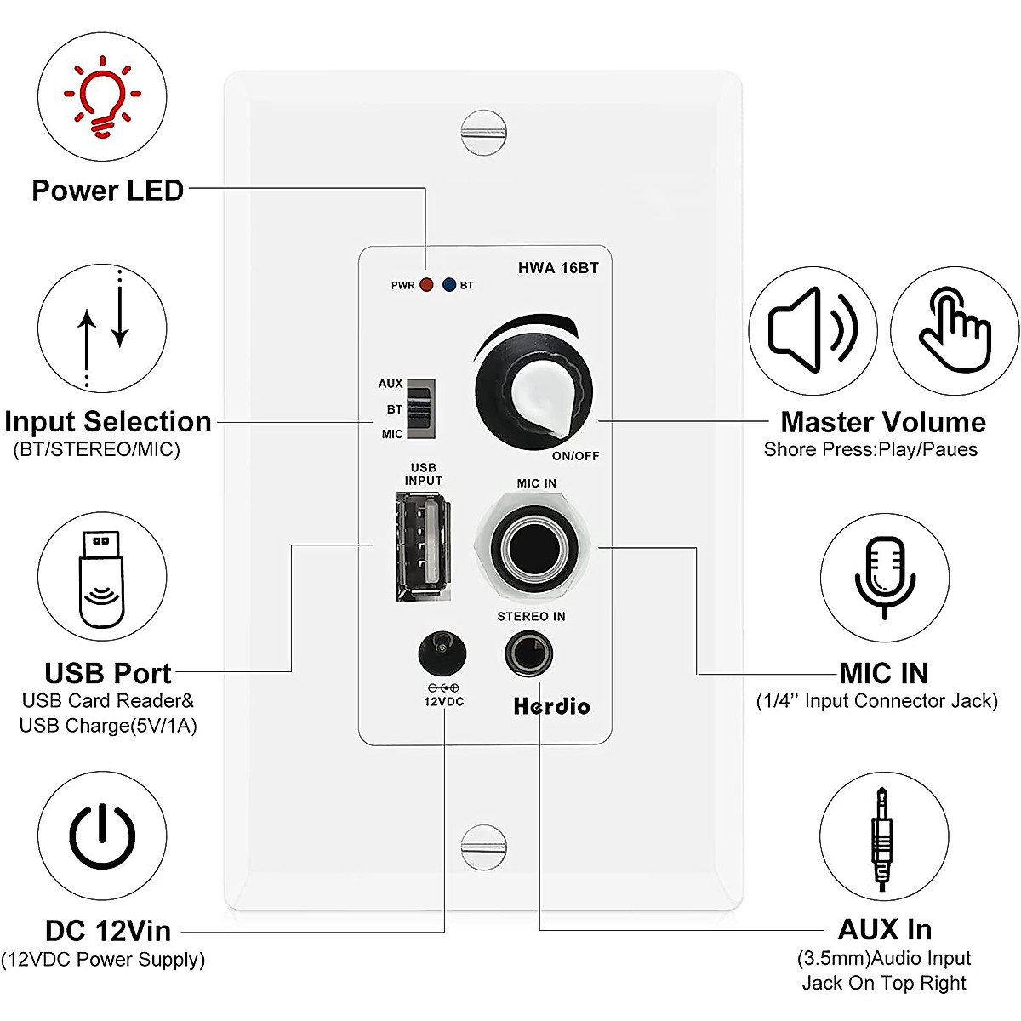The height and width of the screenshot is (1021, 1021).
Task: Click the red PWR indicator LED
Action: [x=426, y=285]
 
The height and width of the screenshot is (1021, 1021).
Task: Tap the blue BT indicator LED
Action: [x=448, y=285]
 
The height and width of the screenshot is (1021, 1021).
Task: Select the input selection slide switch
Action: [x=420, y=409]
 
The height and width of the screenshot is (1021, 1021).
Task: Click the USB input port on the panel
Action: [x=421, y=547]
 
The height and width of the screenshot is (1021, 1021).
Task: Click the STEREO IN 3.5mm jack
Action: [x=528, y=654]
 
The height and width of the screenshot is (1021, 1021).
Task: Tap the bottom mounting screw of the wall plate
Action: [x=483, y=847]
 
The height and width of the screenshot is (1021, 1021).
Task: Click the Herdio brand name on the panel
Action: [x=551, y=706]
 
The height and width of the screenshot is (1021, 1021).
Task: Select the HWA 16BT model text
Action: [x=558, y=268]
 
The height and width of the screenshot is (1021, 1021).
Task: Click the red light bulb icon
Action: [x=103, y=98]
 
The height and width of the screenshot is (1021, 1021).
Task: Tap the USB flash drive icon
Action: [x=102, y=579]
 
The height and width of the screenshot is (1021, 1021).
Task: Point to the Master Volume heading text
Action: [x=883, y=422]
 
